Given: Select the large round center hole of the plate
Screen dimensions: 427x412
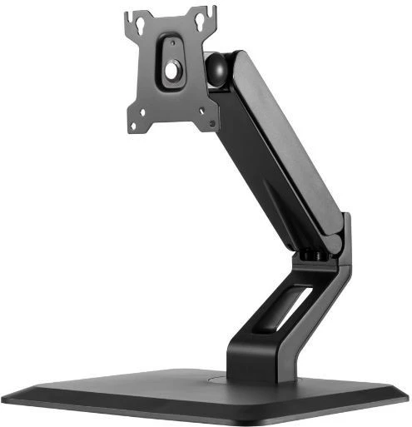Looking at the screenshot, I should [x=171, y=72].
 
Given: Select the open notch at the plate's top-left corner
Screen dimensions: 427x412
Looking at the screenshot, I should [x=132, y=16].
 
